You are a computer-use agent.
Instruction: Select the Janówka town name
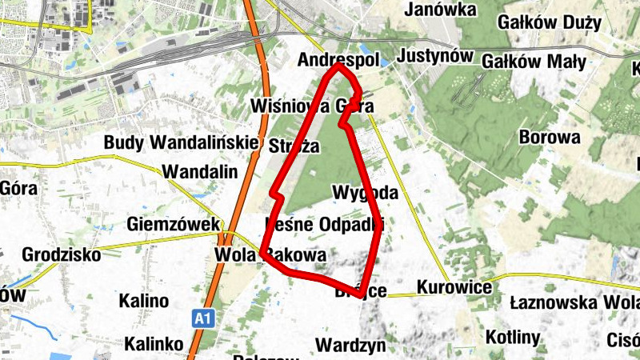point(441,10)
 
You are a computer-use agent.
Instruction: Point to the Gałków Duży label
point(549,22)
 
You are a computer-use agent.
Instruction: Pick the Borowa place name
point(550,137)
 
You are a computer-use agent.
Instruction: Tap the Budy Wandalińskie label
point(182,142)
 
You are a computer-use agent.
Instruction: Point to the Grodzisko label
point(62,255)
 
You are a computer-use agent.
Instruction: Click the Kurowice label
point(454,286)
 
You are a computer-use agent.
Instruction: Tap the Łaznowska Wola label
point(574,303)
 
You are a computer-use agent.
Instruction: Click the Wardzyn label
point(351,346)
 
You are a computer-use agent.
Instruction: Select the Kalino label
point(144,302)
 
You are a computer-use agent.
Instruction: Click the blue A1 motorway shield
point(204,319)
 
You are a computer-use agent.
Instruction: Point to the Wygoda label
point(365,193)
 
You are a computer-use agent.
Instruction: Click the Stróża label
point(294,146)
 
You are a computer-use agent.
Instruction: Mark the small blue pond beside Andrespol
point(386,61)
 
